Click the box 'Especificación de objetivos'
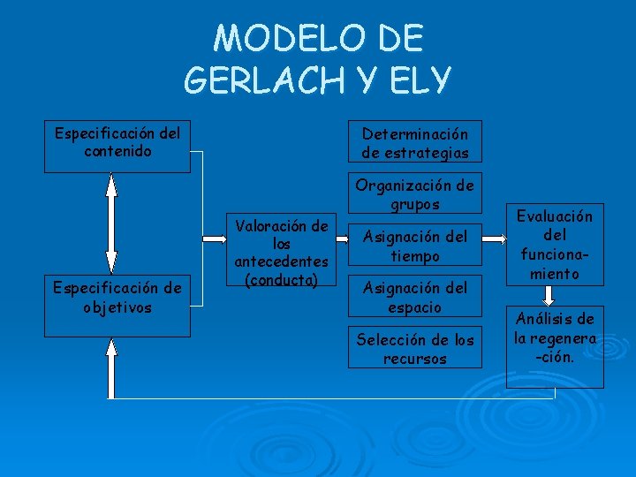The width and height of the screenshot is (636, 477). click(x=117, y=297)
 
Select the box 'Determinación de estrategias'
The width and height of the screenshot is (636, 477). click(x=414, y=142)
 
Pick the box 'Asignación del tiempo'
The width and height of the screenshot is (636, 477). click(x=414, y=246)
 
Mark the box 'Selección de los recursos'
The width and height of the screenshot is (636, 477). click(x=414, y=348)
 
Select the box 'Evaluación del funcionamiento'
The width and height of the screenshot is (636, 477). click(x=555, y=246)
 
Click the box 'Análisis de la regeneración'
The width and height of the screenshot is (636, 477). click(x=555, y=337)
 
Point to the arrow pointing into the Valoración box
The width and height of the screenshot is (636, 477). click(x=216, y=238)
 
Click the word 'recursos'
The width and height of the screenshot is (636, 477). click(x=414, y=359)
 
